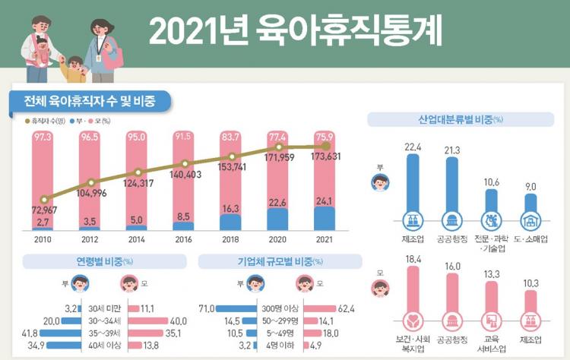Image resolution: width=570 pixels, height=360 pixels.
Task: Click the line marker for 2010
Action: click(x=43, y=200)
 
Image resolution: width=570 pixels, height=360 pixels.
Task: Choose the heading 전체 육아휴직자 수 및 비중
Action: click(x=90, y=101)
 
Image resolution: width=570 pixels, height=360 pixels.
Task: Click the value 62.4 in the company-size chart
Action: click(x=347, y=308)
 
